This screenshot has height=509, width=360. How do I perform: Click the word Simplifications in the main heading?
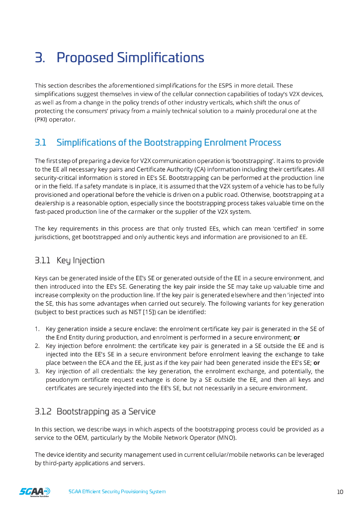[160, 58]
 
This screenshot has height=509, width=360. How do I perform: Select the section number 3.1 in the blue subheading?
[40, 143]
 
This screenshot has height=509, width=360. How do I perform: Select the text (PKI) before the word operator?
[42, 120]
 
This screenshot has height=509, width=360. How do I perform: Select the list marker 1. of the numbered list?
[37, 329]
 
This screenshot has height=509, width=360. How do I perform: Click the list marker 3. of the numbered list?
[37, 371]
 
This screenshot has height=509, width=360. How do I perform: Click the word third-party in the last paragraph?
[56, 463]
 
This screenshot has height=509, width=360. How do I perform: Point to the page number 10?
[340, 492]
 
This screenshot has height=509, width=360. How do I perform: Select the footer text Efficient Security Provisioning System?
[124, 492]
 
